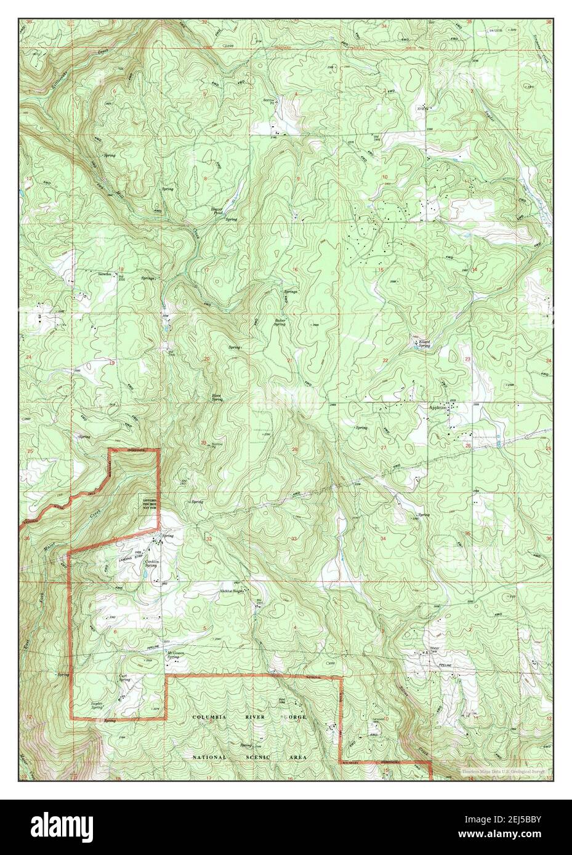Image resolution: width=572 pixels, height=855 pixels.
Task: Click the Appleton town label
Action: [437, 407]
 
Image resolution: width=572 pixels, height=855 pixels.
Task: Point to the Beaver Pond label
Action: [217, 211]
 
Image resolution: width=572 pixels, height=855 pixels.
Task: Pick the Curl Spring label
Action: [124, 678]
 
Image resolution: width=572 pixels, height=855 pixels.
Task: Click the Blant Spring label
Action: [217, 398]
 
